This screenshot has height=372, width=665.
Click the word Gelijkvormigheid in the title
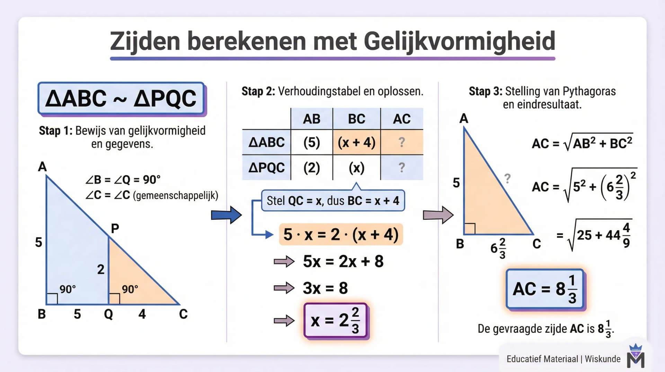(x=459, y=42)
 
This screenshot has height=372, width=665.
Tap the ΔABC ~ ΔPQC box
(x=121, y=98)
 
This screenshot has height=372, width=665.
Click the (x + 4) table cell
(x=356, y=142)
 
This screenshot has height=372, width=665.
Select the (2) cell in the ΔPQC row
(x=311, y=168)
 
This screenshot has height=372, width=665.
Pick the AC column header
(x=401, y=119)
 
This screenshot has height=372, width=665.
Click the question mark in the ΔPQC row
(x=401, y=168)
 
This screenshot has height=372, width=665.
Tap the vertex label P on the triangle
(x=115, y=228)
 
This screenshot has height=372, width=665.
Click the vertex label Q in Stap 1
(x=108, y=314)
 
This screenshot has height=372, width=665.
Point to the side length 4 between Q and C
(x=142, y=314)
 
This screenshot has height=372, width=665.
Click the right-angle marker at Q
(x=114, y=299)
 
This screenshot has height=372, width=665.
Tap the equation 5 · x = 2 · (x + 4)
(x=341, y=235)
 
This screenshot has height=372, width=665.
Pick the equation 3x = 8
(x=325, y=288)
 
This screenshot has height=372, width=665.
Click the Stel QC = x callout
(x=333, y=201)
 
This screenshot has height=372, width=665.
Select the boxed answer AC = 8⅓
(x=545, y=289)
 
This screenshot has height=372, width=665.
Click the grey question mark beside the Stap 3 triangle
(x=507, y=179)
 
